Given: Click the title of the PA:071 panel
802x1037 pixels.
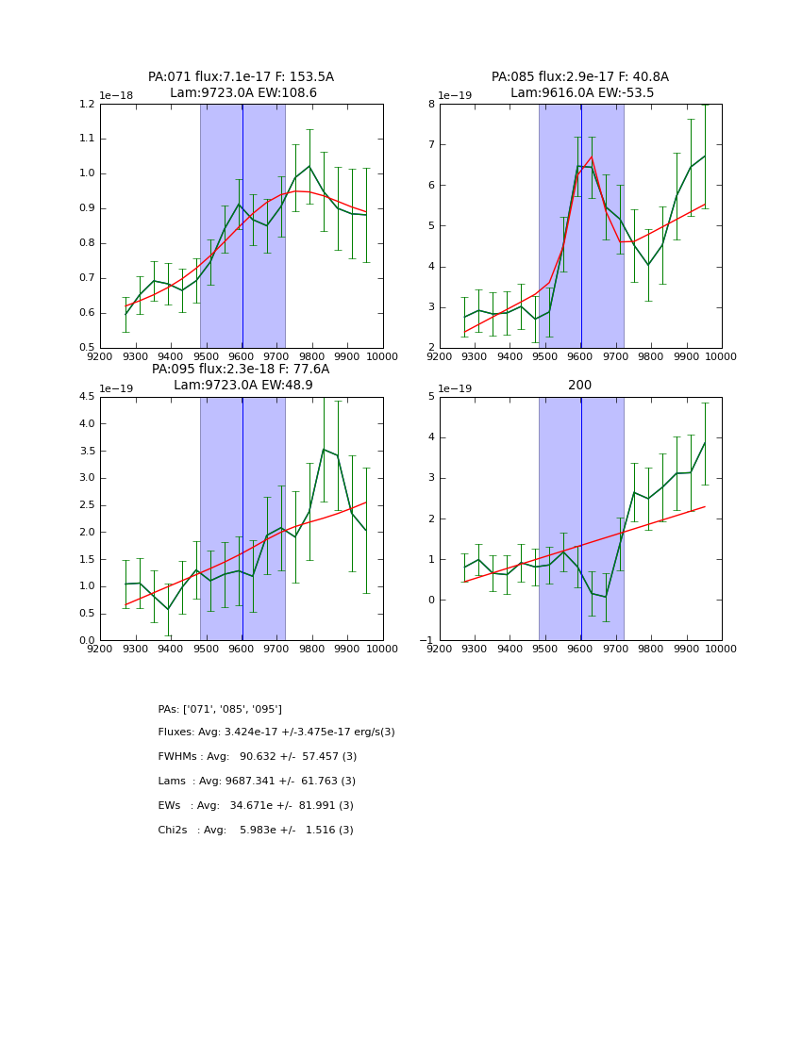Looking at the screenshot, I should click(241, 85).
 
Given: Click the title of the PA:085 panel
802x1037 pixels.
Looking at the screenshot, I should click(580, 85).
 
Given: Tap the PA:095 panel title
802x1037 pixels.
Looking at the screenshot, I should click(241, 377).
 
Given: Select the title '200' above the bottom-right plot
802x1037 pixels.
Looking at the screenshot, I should click(580, 385).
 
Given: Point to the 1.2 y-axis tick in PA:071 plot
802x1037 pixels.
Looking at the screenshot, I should click(87, 105).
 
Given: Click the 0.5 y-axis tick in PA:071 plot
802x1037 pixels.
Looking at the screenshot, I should click(87, 348).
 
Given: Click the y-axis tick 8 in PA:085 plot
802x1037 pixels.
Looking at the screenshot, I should click(430, 105).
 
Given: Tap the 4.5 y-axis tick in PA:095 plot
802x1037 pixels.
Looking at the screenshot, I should click(87, 397).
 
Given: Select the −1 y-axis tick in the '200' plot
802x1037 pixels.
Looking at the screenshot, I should click(427, 641).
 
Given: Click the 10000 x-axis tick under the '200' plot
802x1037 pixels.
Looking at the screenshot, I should click(721, 649).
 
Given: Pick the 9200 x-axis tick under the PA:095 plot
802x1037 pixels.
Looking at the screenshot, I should click(100, 649).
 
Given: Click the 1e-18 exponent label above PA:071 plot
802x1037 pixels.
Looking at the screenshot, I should click(117, 96).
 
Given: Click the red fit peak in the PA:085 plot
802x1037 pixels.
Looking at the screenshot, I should click(592, 157).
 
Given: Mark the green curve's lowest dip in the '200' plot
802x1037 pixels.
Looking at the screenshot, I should click(606, 597).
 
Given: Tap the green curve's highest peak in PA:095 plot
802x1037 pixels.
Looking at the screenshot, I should click(324, 449).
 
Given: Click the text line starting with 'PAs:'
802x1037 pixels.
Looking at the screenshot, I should click(220, 709).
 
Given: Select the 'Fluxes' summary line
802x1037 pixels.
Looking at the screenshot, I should click(276, 732).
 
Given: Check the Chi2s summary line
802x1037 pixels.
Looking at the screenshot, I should click(256, 831).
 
